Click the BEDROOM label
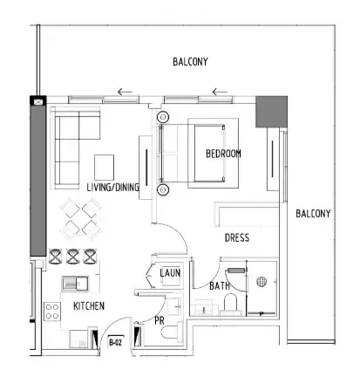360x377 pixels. [223, 154]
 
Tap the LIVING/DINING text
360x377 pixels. [112, 187]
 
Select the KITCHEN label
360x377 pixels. [89, 305]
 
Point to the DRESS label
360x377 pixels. [237, 237]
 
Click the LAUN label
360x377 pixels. [170, 273]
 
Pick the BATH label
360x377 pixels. [220, 286]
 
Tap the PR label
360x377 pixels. [160, 320]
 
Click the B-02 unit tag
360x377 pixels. [115, 342]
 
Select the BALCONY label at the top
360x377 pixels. [190, 62]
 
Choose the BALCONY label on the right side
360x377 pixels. [313, 214]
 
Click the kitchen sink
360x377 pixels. [75, 284]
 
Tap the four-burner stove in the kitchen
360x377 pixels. [52, 312]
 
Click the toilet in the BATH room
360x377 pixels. [231, 305]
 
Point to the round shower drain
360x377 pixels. [262, 282]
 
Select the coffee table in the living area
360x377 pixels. [104, 168]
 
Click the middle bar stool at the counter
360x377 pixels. [72, 257]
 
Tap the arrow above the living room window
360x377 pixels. [125, 93]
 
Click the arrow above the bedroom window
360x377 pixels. [220, 93]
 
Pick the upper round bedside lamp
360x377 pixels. [163, 117]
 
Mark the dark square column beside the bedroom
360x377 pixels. [271, 112]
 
